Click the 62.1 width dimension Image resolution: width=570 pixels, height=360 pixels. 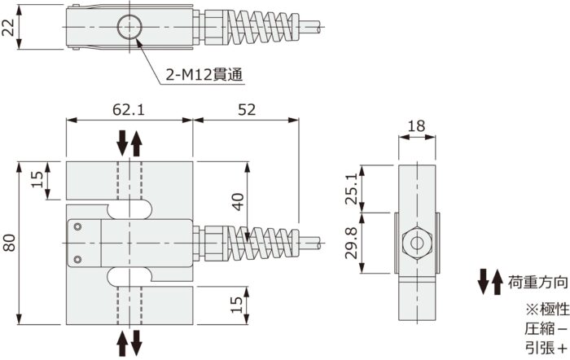pyautogui.click(x=129, y=108)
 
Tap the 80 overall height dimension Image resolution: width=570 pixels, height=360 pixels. pyautogui.click(x=9, y=243)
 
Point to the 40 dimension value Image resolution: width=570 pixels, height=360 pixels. pyautogui.click(x=238, y=202)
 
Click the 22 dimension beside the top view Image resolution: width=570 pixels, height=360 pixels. pyautogui.click(x=9, y=29)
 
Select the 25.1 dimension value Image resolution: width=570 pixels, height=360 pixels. pyautogui.click(x=351, y=189)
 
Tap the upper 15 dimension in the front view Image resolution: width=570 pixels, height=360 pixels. pyautogui.click(x=37, y=180)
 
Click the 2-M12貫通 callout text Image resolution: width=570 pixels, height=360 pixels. pyautogui.click(x=204, y=76)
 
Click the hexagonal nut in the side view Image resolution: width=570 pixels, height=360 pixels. pyautogui.click(x=416, y=243)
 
